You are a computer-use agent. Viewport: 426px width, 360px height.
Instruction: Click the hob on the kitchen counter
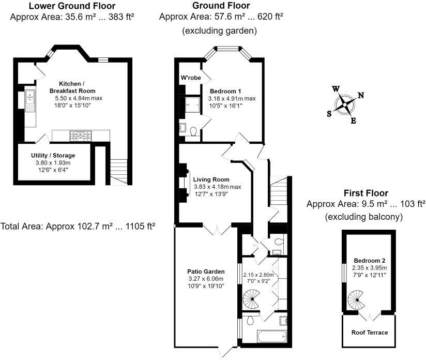point(81,136)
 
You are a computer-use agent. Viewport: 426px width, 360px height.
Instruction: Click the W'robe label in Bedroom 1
point(190,78)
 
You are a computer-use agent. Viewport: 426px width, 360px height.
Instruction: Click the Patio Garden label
point(206,271)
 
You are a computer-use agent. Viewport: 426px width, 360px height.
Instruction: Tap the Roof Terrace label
point(369,332)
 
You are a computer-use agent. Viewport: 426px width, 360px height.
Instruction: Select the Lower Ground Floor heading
point(72,6)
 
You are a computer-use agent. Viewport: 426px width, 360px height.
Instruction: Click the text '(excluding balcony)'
point(363,217)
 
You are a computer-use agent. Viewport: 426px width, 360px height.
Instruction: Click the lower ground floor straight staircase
point(119,170)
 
